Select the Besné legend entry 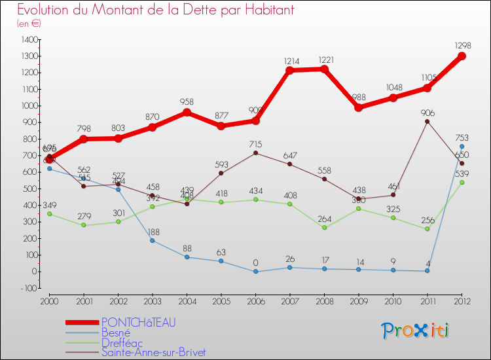[116, 333]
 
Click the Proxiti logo [416, 331]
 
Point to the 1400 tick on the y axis [28, 39]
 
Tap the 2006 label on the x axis [255, 300]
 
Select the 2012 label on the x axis [462, 300]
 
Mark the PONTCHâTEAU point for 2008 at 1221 [324, 69]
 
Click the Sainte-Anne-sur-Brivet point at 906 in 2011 [427, 121]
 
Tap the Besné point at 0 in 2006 [255, 272]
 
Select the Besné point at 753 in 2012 [462, 147]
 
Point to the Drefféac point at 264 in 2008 [324, 228]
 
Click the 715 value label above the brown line [255, 143]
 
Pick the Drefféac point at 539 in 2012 [462, 182]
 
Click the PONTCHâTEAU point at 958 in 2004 [187, 113]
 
